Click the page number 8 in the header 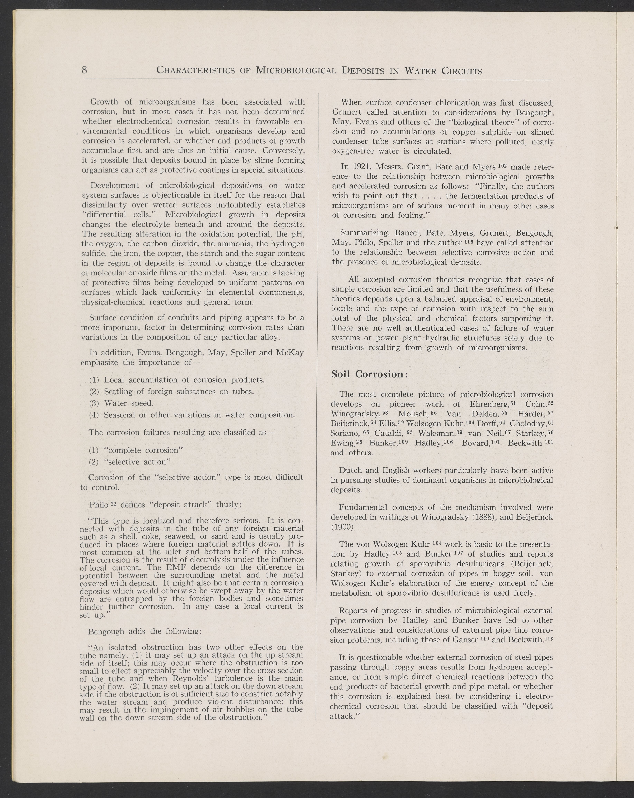click(x=84, y=70)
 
